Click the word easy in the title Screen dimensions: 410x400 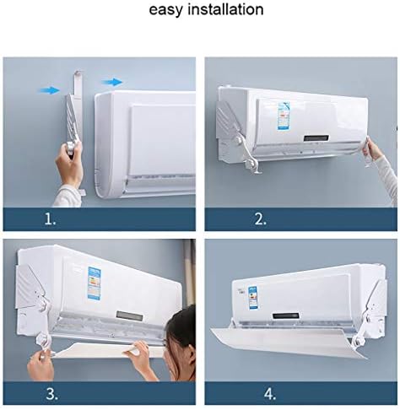[x=166, y=10]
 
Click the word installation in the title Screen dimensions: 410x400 [x=223, y=10]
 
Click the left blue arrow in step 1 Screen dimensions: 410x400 [x=50, y=89]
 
